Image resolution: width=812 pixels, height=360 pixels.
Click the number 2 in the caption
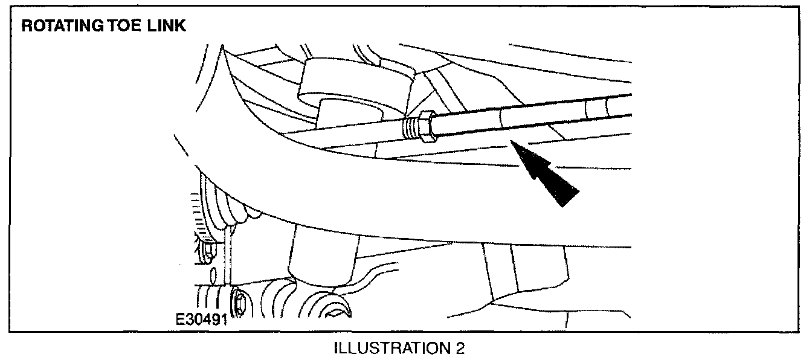point(461,349)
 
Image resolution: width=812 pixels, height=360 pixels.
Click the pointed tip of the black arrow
point(512,143)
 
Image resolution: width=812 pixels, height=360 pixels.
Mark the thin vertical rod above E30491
point(227,254)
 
